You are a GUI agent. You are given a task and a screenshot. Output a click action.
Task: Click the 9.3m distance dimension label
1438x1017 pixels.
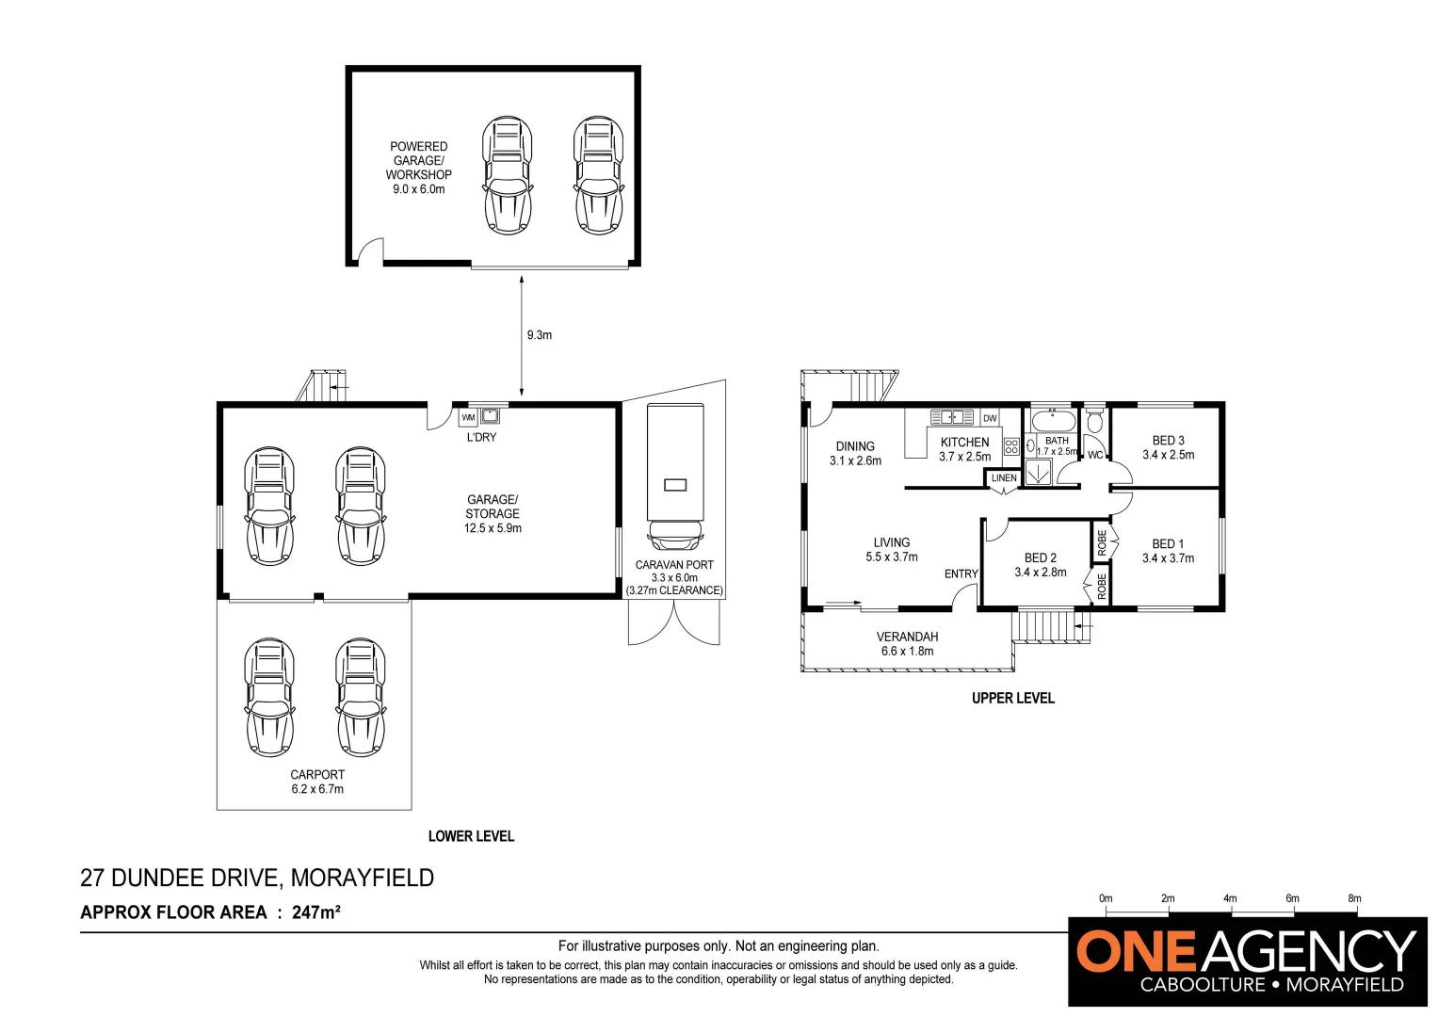539,335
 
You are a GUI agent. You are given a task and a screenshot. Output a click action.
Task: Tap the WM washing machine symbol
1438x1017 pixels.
468,417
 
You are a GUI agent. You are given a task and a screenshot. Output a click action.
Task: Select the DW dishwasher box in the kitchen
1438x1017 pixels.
990,418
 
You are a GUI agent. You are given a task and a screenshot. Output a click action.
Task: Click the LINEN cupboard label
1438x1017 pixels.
1004,478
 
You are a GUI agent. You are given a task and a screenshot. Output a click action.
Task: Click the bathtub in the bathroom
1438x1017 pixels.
1053,420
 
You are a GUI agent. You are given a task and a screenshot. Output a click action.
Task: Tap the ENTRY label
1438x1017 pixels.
961,573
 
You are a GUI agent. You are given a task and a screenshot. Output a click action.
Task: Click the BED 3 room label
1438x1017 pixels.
1168,447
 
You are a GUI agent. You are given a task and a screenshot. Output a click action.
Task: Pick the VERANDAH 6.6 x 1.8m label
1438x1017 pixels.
907,644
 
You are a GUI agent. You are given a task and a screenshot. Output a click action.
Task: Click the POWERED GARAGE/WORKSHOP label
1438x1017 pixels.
419,168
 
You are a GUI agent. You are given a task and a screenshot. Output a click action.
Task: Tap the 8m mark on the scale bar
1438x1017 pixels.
1354,898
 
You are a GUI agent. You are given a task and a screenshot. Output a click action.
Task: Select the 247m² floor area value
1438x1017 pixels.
315,912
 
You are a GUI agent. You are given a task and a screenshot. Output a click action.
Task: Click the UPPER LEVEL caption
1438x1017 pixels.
1012,698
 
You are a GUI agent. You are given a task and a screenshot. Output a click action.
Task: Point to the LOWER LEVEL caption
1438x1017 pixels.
471,836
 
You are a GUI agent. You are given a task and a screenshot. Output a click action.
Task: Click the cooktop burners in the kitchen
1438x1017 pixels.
1011,446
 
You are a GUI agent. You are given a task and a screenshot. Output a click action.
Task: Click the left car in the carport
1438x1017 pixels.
269,698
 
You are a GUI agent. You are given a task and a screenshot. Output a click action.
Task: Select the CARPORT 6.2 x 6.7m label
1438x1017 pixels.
317,782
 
